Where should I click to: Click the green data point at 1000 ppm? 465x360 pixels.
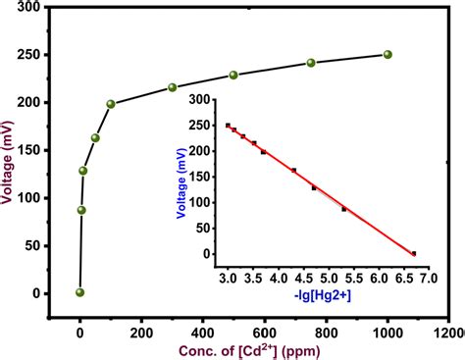coord(387,55)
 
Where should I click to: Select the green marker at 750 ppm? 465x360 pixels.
coord(311,63)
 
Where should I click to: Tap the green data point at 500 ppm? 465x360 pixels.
coord(233,76)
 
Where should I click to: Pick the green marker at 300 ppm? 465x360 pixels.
coord(173,87)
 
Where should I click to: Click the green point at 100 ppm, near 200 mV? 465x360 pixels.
coord(111,104)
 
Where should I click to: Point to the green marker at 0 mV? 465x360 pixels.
coord(80,292)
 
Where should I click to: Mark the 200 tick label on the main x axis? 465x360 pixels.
coord(141,333)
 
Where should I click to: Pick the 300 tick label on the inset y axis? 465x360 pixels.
coord(201,100)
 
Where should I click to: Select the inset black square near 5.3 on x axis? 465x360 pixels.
coord(343,209)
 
